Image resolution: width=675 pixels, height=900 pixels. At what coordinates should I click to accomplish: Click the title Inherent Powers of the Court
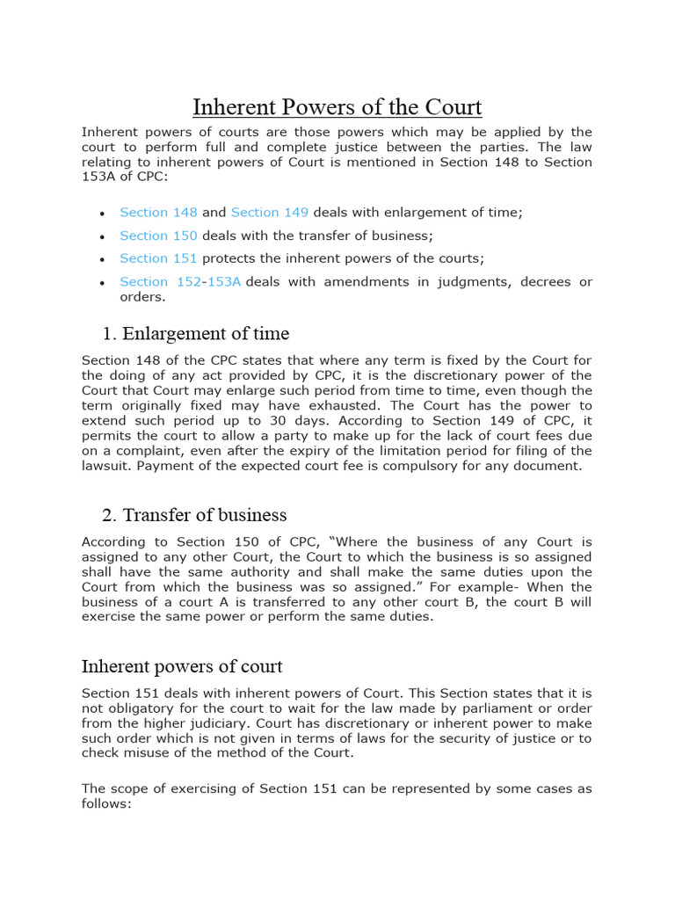tap(337, 107)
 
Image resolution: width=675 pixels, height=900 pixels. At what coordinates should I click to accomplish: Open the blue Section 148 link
tap(158, 213)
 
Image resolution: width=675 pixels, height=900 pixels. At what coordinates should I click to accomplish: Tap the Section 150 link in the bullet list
tap(158, 236)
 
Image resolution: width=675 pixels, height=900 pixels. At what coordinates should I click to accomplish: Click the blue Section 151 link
tap(158, 258)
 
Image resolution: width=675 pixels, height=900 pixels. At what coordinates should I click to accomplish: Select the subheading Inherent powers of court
tap(182, 666)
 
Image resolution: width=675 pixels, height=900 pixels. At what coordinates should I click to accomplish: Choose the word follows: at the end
tap(105, 803)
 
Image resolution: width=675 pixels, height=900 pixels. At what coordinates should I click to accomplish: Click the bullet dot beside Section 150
tap(103, 236)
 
